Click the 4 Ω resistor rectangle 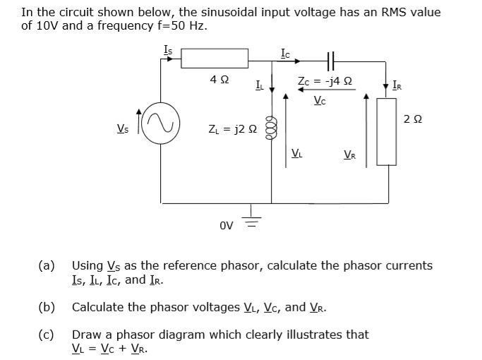pyautogui.click(x=215, y=59)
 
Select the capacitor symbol pyautogui.click(x=331, y=59)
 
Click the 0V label pyautogui.click(x=226, y=227)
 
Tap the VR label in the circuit pyautogui.click(x=349, y=154)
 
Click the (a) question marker pyautogui.click(x=47, y=265)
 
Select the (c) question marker pyautogui.click(x=47, y=334)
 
